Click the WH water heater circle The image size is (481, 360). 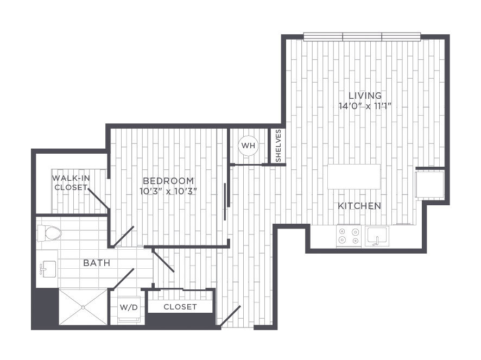(249, 146)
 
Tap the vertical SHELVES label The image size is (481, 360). (279, 146)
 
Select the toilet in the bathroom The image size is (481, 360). (49, 233)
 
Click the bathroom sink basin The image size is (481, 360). (49, 269)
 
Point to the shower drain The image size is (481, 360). (83, 307)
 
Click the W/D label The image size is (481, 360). (129, 307)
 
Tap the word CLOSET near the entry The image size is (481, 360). (180, 307)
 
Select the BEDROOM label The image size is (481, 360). (168, 181)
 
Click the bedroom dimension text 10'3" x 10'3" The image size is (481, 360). (168, 192)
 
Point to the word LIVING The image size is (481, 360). (365, 96)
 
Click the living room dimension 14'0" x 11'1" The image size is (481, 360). (365, 106)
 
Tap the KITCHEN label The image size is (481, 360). (359, 206)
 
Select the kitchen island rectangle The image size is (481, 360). (354, 177)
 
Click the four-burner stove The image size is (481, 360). (349, 236)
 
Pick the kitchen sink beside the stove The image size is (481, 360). (377, 236)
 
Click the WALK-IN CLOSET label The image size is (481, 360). (71, 182)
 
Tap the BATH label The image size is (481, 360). (97, 263)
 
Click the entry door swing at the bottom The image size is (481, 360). (230, 316)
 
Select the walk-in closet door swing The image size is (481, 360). (98, 199)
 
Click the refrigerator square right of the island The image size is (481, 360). (429, 184)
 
